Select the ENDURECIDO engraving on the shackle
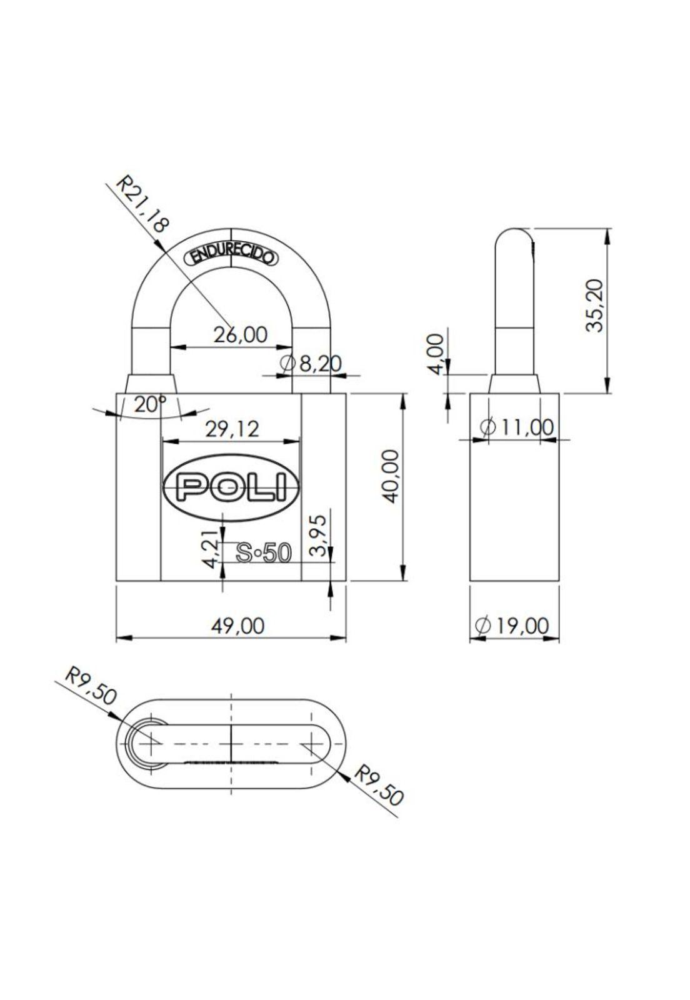[x=231, y=256]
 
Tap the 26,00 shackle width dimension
[x=241, y=335]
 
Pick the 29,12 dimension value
[x=232, y=429]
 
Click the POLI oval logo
[x=231, y=487]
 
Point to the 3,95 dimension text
[x=319, y=535]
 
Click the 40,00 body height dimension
[x=391, y=475]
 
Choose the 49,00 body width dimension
[x=237, y=625]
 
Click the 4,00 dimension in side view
[x=439, y=353]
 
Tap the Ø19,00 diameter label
[x=512, y=625]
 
